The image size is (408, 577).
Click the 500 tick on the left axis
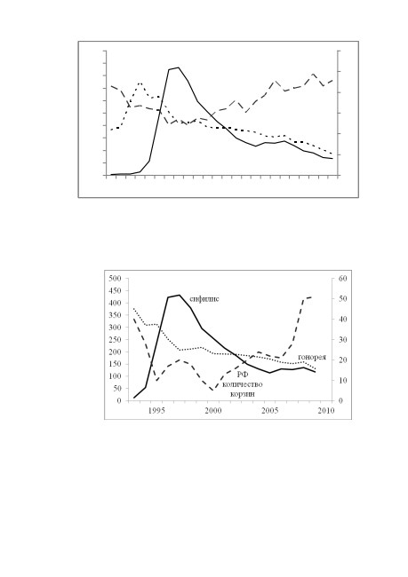click(x=115, y=279)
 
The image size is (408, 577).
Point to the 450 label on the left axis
click(x=115, y=290)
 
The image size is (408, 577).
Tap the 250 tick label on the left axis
click(x=115, y=340)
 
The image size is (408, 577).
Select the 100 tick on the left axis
click(x=115, y=376)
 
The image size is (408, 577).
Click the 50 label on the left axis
click(x=116, y=388)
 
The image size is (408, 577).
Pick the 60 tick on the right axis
click(x=343, y=279)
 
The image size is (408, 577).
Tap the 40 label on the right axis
click(x=343, y=320)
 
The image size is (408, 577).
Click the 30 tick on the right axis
click(x=343, y=340)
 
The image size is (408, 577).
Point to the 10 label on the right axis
click(x=343, y=381)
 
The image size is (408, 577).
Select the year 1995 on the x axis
click(x=156, y=411)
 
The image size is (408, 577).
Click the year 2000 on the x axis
click(x=213, y=411)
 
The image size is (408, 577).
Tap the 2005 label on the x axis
click(x=270, y=411)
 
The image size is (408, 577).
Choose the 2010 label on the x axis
click(x=326, y=411)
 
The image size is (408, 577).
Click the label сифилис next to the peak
click(x=204, y=298)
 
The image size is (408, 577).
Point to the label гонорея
click(x=312, y=357)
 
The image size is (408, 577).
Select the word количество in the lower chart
click(x=243, y=384)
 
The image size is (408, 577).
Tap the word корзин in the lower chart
click(x=243, y=394)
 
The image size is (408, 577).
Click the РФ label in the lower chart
click(x=242, y=375)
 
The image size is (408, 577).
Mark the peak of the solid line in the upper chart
click(x=179, y=67)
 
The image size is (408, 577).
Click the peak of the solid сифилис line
click(x=180, y=295)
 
